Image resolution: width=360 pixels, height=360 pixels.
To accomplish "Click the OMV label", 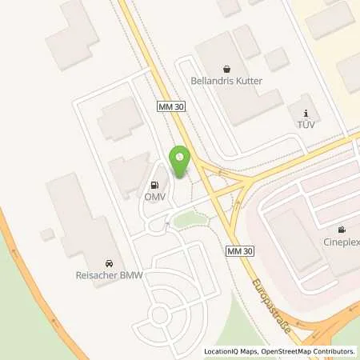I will (x=154, y=196).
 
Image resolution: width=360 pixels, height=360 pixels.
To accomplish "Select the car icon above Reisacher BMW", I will (x=108, y=263).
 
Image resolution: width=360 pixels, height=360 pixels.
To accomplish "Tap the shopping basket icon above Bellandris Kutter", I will (x=226, y=69).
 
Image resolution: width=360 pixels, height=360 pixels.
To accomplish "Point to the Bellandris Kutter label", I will (x=227, y=82).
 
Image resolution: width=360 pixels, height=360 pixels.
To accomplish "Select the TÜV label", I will (x=304, y=124).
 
